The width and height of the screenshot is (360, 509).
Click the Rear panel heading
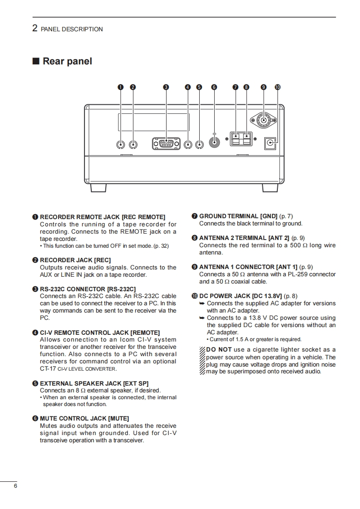[x=67, y=61]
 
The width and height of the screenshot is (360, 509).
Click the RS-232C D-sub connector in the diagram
[x=166, y=144]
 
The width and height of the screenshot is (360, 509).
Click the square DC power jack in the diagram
[x=271, y=144]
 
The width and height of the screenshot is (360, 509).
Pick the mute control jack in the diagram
[x=214, y=142]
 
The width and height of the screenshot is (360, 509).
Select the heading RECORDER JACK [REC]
[x=75, y=260]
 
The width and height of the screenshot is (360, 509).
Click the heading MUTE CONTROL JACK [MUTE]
[x=84, y=418]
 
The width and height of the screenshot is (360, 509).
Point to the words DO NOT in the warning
[x=219, y=349]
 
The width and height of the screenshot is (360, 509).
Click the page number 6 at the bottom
[x=15, y=486]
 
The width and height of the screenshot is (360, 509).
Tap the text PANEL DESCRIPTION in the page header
[x=72, y=29]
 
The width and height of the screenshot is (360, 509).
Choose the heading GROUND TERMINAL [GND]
[x=238, y=216]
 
